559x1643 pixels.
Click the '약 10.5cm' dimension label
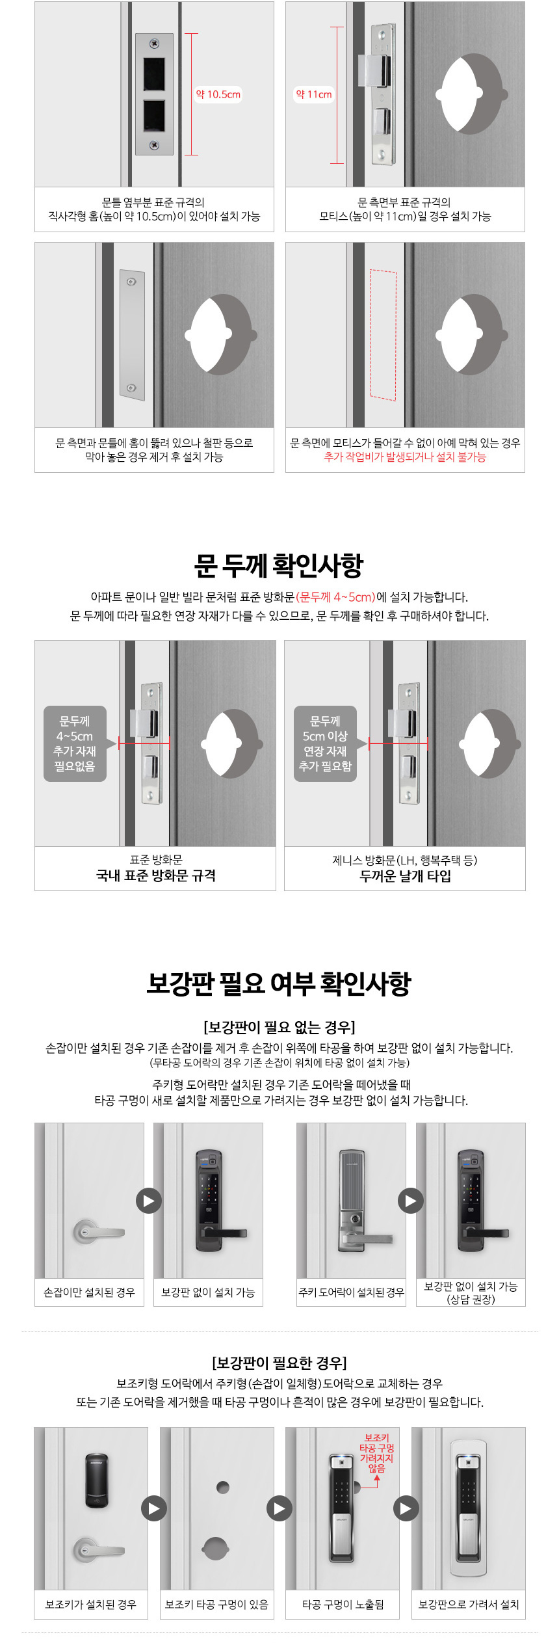coord(218,94)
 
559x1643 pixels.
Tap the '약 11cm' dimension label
coord(314,94)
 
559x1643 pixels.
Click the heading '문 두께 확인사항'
coord(279,565)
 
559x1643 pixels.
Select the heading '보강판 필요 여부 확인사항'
coord(279,983)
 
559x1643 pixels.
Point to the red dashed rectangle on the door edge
coord(383,334)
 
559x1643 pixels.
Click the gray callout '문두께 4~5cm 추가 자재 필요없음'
coord(75,743)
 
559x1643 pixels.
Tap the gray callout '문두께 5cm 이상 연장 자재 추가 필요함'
coord(325,743)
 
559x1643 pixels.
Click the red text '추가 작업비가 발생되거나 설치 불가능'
coord(405,457)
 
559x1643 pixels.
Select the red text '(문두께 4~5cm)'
coord(336,597)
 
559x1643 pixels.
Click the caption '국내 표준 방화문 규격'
coord(156,875)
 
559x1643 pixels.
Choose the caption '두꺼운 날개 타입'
coord(405,875)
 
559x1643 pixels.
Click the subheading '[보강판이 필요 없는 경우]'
coord(279,1027)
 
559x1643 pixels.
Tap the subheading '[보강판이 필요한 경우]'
coord(279,1362)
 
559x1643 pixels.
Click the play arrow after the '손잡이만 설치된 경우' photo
coord(149,1201)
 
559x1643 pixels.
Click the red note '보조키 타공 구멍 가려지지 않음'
coord(377,1453)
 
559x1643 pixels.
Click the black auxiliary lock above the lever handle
coord(97,1480)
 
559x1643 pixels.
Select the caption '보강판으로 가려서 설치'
coord(469,1605)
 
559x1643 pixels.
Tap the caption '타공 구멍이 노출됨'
coord(343,1605)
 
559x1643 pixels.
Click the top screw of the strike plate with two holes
coord(154,44)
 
